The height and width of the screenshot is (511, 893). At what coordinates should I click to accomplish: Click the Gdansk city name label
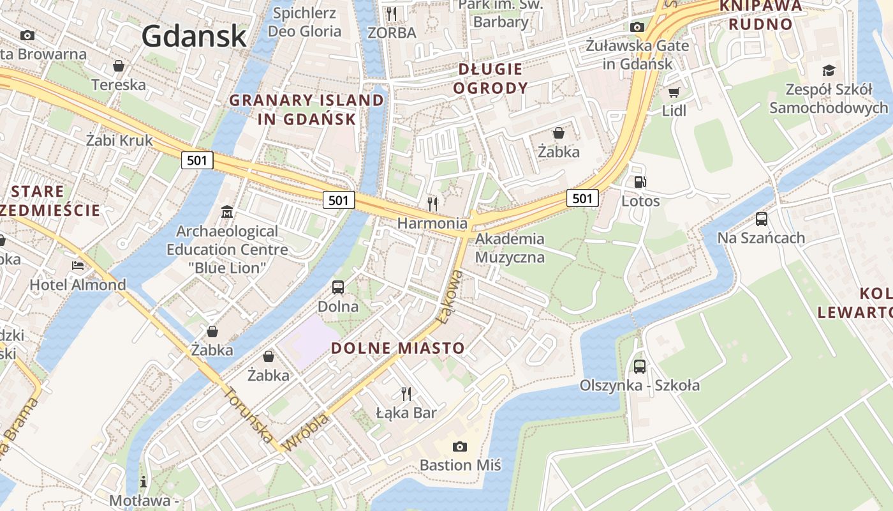194,36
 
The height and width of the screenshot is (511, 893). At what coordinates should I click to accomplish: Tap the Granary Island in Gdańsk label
307,110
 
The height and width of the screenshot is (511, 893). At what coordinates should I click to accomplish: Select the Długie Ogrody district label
491,79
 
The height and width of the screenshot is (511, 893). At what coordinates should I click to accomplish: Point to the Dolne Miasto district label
398,348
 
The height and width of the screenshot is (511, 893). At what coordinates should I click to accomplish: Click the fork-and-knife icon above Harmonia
432,204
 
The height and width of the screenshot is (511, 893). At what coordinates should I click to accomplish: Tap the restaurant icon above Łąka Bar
406,393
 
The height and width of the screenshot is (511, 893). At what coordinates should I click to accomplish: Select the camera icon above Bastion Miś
459,446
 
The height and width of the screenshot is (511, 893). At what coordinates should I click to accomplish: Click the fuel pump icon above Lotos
640,182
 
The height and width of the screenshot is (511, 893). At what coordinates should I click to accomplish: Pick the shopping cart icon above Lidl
674,93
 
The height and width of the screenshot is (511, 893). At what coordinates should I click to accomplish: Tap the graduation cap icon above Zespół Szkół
828,70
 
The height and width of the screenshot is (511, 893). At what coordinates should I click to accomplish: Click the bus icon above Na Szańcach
761,219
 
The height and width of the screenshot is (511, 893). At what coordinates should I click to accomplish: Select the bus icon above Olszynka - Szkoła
639,366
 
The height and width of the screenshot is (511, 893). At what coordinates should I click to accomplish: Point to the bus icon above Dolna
338,287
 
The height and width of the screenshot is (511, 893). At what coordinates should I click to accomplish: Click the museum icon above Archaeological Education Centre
227,211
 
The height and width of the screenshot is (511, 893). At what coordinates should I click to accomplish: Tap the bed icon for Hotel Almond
78,265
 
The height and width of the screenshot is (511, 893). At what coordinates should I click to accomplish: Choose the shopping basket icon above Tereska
118,66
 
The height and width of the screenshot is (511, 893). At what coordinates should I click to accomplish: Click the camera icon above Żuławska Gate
637,27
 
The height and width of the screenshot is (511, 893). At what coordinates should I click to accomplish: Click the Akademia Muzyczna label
510,248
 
